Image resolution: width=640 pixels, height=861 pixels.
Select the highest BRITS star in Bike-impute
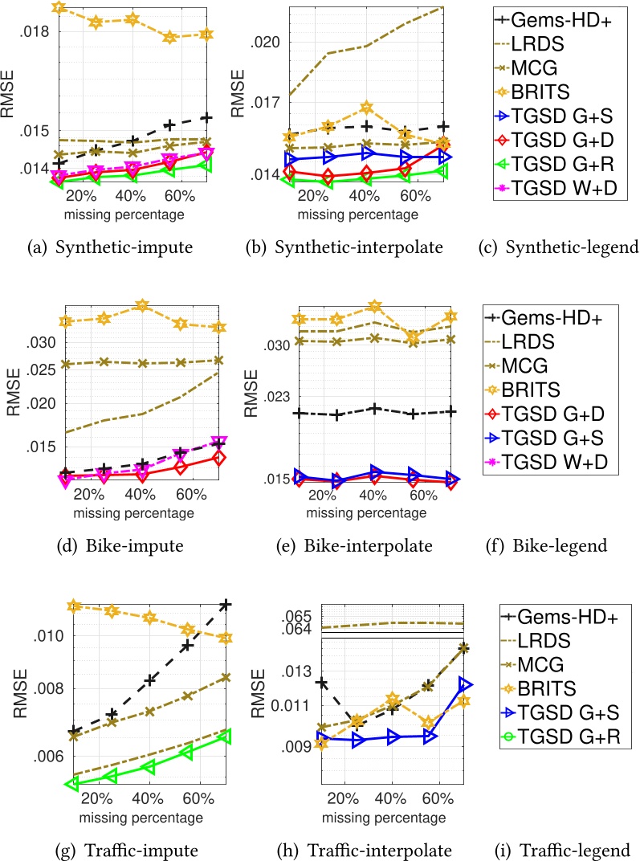(143, 306)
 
